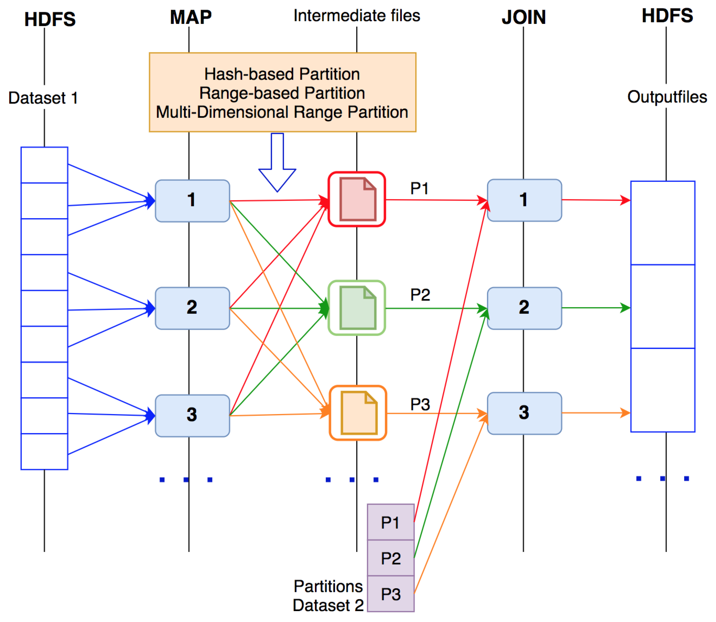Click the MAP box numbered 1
click(x=192, y=201)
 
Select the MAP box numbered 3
click(x=192, y=416)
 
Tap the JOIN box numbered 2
click(x=524, y=308)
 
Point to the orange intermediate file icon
click(x=358, y=413)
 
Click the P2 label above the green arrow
click(x=420, y=295)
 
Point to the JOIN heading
click(x=524, y=17)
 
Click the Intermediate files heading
click(x=357, y=16)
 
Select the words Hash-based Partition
click(x=282, y=74)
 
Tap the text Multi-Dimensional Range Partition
click(x=282, y=112)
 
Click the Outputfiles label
click(x=667, y=97)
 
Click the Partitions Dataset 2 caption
click(x=328, y=596)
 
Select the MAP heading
click(x=191, y=17)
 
